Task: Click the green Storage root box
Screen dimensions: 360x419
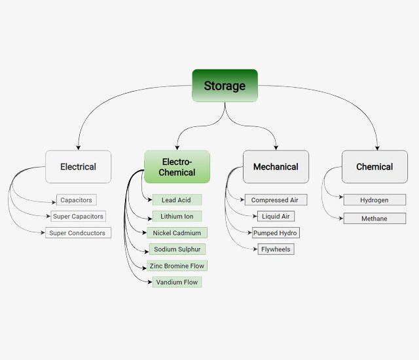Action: click(225, 86)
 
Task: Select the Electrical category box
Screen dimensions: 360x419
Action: click(78, 167)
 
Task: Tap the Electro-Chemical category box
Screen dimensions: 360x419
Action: click(177, 167)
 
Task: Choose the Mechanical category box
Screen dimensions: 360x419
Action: click(276, 167)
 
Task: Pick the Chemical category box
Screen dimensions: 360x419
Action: click(374, 167)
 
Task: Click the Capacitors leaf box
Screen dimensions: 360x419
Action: click(77, 200)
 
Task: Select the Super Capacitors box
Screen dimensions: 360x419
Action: click(78, 216)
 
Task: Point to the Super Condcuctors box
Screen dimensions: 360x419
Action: click(78, 232)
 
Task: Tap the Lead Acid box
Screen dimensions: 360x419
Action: click(177, 200)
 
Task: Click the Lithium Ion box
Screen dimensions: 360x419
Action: click(177, 216)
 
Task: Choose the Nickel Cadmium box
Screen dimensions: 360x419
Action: click(177, 232)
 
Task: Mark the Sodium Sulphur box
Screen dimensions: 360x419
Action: click(177, 249)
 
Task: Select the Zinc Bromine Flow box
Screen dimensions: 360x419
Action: click(177, 266)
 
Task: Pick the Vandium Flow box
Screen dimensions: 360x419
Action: click(177, 282)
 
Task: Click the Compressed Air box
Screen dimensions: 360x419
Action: click(276, 200)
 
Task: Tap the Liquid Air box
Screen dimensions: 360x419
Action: click(276, 216)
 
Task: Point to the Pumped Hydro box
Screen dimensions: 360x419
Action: click(276, 233)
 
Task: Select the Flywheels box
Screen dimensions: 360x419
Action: click(276, 249)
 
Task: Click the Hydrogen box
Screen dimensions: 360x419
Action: click(374, 200)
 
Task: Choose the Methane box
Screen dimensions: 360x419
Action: click(374, 219)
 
